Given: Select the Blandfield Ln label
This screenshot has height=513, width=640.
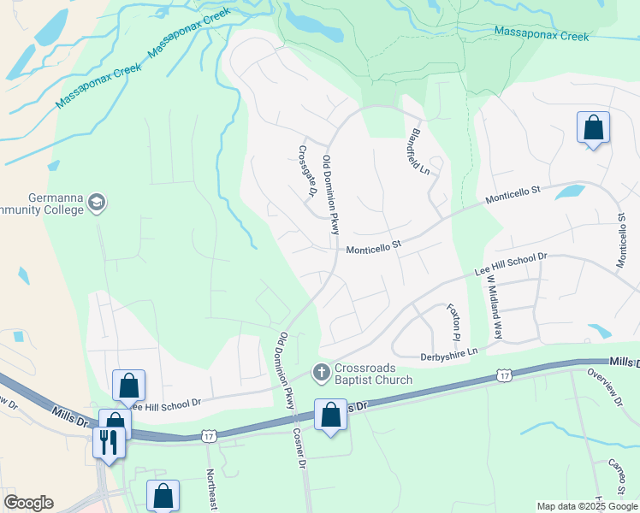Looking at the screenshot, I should [419, 151].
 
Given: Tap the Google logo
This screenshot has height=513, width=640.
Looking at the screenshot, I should [28, 503].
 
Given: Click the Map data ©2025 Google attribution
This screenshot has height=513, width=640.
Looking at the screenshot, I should [588, 506].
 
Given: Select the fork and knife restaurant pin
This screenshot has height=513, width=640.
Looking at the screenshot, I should [107, 441].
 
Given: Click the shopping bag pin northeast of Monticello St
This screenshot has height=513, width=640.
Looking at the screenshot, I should [593, 128].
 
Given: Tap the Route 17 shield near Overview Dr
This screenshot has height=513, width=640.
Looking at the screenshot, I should [505, 376].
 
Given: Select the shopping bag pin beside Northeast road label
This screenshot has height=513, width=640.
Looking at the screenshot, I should [163, 496].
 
